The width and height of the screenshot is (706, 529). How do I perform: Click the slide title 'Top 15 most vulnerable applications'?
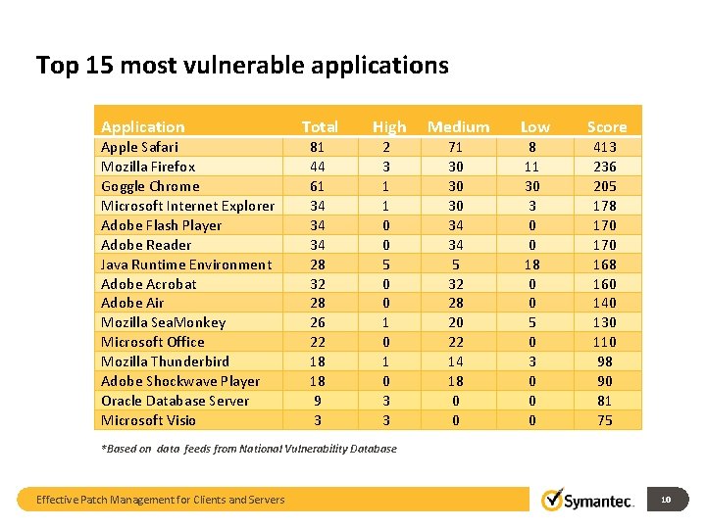[242, 66]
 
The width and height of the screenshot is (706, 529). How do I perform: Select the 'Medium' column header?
[458, 126]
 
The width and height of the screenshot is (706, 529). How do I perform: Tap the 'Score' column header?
[606, 126]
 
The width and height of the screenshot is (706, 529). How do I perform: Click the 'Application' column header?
[142, 126]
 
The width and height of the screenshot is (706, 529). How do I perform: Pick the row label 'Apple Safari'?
[139, 147]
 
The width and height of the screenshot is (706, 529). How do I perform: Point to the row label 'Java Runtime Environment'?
[186, 264]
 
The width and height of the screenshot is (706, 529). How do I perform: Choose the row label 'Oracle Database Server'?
[175, 401]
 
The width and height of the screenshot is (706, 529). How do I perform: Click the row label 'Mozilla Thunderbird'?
[165, 361]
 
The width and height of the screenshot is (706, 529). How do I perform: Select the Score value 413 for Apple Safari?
[605, 147]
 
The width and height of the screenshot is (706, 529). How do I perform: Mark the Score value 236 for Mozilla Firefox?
[605, 167]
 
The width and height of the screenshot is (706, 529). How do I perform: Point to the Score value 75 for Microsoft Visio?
[605, 420]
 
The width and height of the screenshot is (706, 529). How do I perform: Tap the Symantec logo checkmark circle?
[553, 500]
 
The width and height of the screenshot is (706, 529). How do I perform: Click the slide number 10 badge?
[666, 500]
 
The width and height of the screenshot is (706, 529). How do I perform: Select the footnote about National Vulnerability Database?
[249, 449]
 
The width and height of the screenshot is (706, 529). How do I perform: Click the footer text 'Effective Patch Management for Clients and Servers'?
[160, 500]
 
